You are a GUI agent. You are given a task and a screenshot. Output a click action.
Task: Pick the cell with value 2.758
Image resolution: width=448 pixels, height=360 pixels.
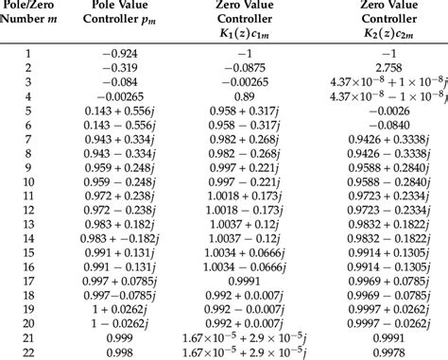click(383, 69)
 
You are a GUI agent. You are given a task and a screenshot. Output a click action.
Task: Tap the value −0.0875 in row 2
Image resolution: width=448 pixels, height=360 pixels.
click(241, 69)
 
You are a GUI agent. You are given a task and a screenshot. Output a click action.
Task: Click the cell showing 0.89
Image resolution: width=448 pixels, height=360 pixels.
click(241, 97)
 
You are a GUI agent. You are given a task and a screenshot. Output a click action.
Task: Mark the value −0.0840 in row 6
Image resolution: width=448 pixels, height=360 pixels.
click(383, 126)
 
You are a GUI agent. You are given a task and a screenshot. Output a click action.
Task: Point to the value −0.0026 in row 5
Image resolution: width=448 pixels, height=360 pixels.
click(383, 111)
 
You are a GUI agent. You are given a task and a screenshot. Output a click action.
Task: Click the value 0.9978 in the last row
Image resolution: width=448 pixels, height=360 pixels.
click(383, 351)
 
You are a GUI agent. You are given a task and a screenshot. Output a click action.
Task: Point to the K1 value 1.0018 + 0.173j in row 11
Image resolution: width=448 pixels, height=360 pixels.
click(241, 196)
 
